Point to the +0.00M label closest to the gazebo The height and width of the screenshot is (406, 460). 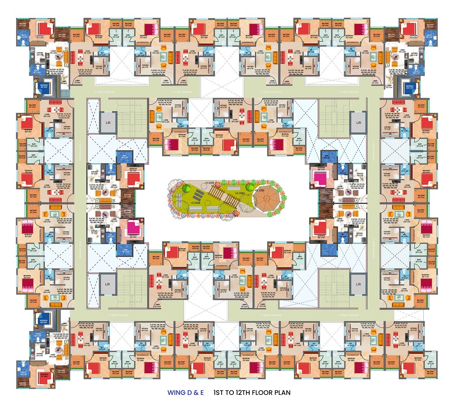pyautogui.click(x=240, y=193)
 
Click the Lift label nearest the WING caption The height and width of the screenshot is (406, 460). pyautogui.click(x=108, y=284)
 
